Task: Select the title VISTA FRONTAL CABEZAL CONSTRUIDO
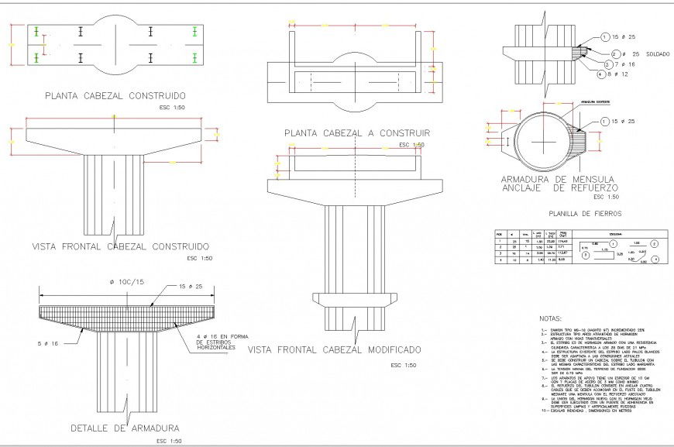tap(121, 247)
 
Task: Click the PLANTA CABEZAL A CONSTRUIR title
tap(356, 133)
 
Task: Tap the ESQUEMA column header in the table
tap(616, 233)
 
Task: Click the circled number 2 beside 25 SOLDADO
tap(614, 54)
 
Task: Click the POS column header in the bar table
tap(500, 233)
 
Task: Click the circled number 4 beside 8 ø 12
tap(600, 75)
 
